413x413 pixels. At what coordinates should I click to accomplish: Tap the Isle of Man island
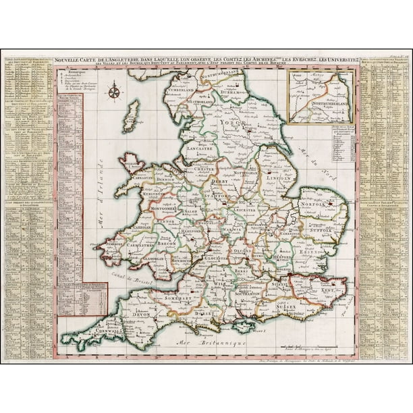point(134,115)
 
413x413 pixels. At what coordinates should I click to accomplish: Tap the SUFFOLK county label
point(321,231)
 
